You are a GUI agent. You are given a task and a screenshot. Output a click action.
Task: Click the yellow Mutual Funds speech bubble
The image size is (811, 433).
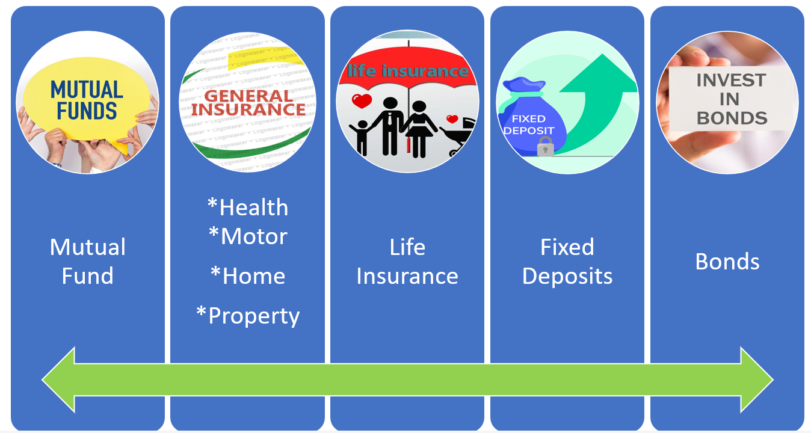click(87, 99)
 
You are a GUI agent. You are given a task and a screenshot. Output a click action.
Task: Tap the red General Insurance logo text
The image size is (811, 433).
click(248, 103)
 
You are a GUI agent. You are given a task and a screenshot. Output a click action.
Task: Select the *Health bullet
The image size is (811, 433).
click(248, 207)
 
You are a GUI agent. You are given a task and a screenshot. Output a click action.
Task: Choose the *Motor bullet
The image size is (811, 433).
click(248, 236)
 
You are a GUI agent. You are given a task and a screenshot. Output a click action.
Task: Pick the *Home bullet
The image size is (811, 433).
click(248, 276)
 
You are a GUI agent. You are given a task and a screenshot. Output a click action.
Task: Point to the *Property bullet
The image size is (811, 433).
click(248, 316)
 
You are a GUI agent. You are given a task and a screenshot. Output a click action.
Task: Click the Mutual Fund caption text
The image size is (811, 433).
click(88, 262)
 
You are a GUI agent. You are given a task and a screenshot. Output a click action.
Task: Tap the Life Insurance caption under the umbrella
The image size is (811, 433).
click(407, 262)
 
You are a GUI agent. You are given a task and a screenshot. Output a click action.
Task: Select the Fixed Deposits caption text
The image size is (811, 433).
click(567, 262)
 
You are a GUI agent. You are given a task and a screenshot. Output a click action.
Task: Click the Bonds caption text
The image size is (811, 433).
click(727, 262)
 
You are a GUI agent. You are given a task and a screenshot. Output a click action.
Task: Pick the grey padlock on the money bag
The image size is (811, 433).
click(545, 147)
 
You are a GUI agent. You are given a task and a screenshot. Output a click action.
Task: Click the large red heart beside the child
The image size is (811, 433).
click(362, 101)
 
